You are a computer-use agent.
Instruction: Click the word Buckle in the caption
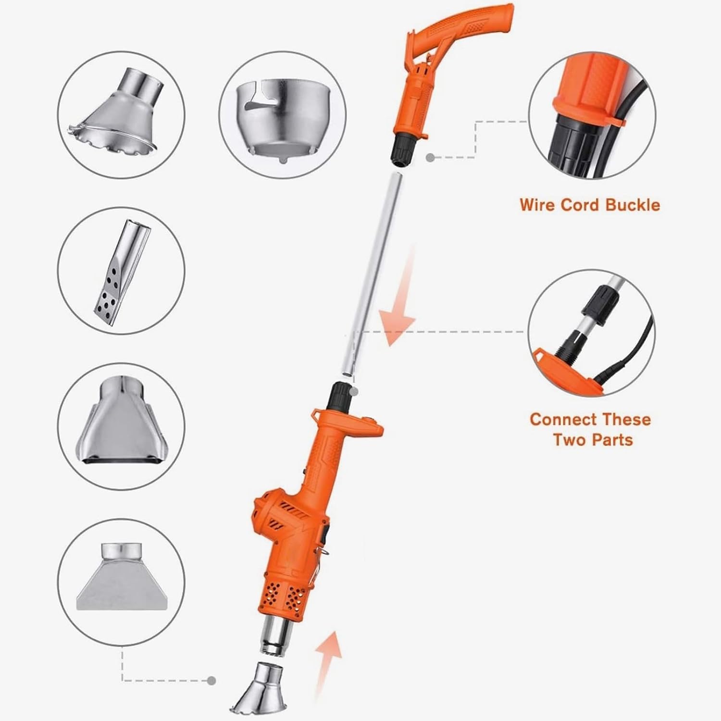tap(632, 205)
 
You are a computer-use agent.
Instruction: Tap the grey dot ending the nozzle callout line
tap(211, 681)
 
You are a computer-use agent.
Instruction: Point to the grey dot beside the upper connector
tap(430, 157)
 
